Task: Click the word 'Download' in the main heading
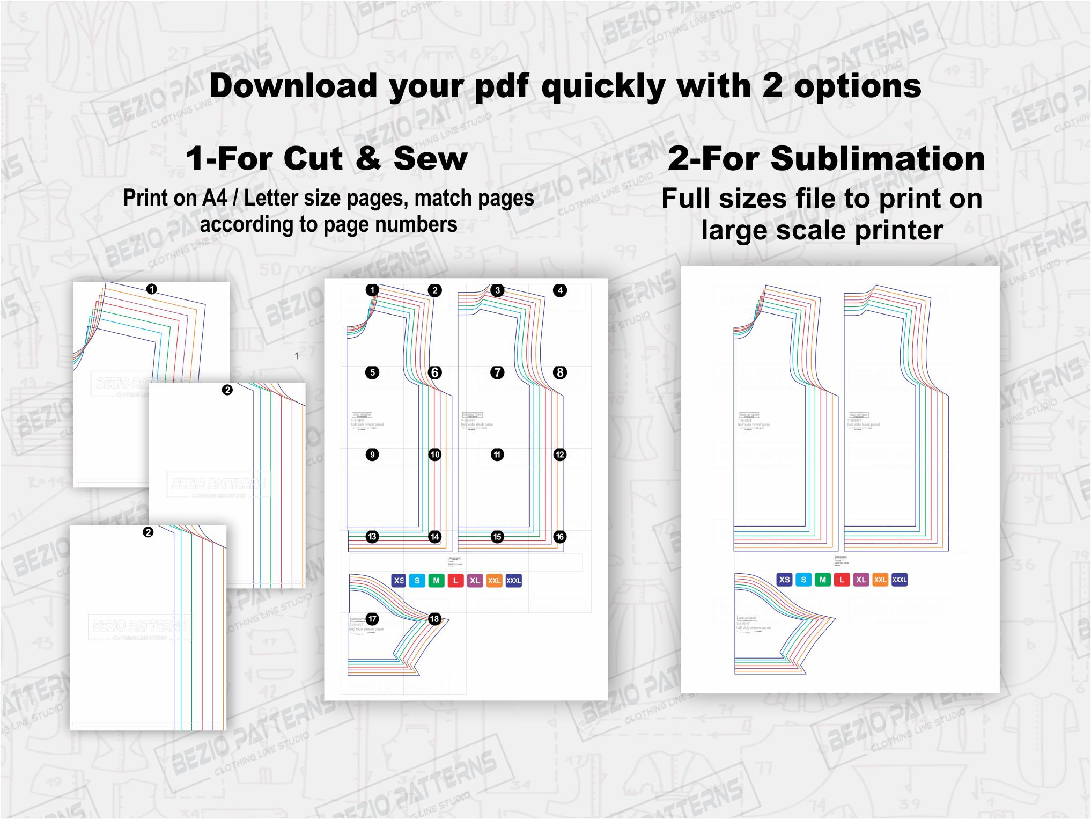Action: coord(293,86)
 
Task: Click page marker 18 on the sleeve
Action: coord(434,619)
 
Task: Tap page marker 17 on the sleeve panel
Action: coord(372,619)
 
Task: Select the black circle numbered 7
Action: coord(497,372)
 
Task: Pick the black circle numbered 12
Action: coord(560,455)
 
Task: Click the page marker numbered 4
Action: coord(560,290)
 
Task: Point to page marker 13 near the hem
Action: coord(372,537)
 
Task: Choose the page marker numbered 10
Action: coord(435,455)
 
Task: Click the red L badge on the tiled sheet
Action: coord(455,581)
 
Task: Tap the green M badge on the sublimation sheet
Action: coord(822,580)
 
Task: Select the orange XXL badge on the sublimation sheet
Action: coord(880,580)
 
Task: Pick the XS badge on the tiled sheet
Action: coord(399,581)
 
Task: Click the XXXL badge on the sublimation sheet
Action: coord(900,580)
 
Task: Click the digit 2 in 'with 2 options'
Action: coord(772,86)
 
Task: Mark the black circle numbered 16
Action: coord(560,537)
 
